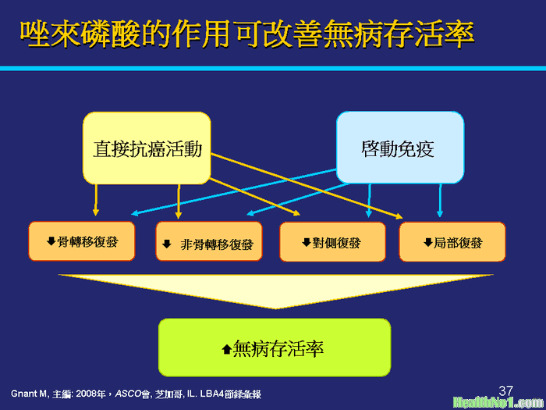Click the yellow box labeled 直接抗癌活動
tap(147, 148)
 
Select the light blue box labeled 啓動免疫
tap(400, 148)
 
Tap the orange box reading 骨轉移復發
tap(82, 241)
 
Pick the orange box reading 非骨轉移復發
tap(209, 241)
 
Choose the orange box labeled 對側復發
tap(332, 241)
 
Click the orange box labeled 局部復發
tap(452, 241)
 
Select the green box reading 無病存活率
tap(275, 348)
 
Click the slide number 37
tap(506, 390)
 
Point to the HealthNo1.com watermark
tap(498, 403)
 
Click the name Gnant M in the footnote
tap(29, 394)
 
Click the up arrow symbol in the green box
tap(227, 349)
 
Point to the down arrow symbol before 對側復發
tap(307, 242)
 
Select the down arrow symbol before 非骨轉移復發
tap(167, 244)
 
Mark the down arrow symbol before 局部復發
tap(428, 242)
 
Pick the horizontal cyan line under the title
tap(273, 69)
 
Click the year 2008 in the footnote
tap(84, 394)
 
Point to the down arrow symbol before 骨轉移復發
tap(51, 241)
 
